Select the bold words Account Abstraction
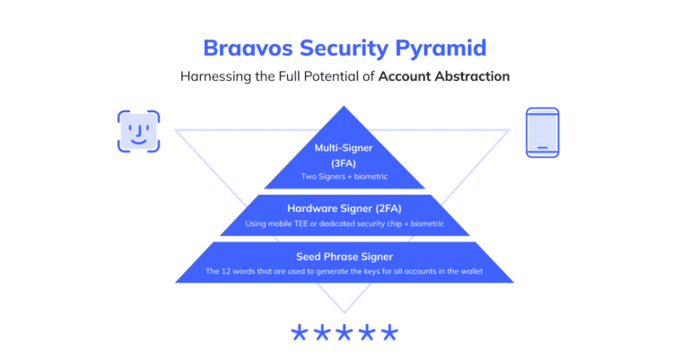(x=444, y=76)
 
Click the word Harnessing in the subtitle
(x=215, y=76)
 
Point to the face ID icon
(x=138, y=131)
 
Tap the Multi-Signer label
(x=344, y=147)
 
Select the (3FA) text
(x=344, y=162)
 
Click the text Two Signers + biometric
(x=344, y=176)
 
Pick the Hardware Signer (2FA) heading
(x=344, y=207)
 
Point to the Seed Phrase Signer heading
(x=344, y=256)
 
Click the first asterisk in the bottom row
(x=299, y=334)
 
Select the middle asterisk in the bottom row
(x=344, y=334)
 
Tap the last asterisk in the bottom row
(x=389, y=334)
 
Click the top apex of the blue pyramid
(x=344, y=109)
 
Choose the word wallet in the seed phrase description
(x=471, y=271)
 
